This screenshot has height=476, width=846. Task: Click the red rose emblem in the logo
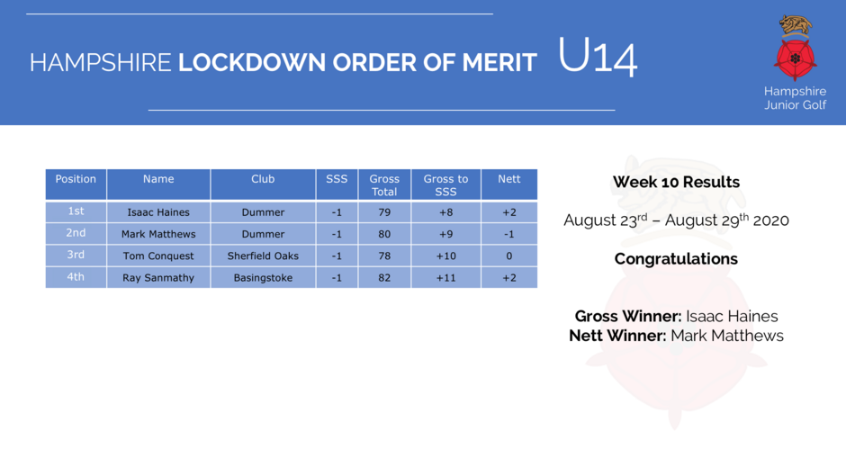[795, 58]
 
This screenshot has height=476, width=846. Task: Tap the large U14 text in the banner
[598, 57]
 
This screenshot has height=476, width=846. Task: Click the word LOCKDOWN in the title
[252, 63]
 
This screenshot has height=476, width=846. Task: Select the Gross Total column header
[384, 185]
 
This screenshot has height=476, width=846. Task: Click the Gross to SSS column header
[445, 185]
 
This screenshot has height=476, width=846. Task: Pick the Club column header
[263, 184]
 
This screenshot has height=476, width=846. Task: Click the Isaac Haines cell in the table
[158, 212]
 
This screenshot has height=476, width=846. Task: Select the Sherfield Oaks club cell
[263, 256]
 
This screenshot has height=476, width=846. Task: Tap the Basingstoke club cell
[263, 278]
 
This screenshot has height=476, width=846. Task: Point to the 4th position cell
[76, 277]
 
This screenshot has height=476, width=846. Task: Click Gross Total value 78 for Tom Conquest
[384, 256]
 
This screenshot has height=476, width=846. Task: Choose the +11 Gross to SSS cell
[445, 278]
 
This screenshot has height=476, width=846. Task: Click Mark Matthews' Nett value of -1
[508, 234]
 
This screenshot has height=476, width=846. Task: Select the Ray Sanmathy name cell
[158, 278]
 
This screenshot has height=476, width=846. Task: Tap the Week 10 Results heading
[676, 182]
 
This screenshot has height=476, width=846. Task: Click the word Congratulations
[676, 259]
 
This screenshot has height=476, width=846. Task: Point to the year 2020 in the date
[771, 220]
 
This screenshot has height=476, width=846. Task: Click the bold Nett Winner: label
[617, 336]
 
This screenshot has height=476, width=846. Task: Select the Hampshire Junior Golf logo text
[795, 98]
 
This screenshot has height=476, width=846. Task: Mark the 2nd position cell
[76, 233]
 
